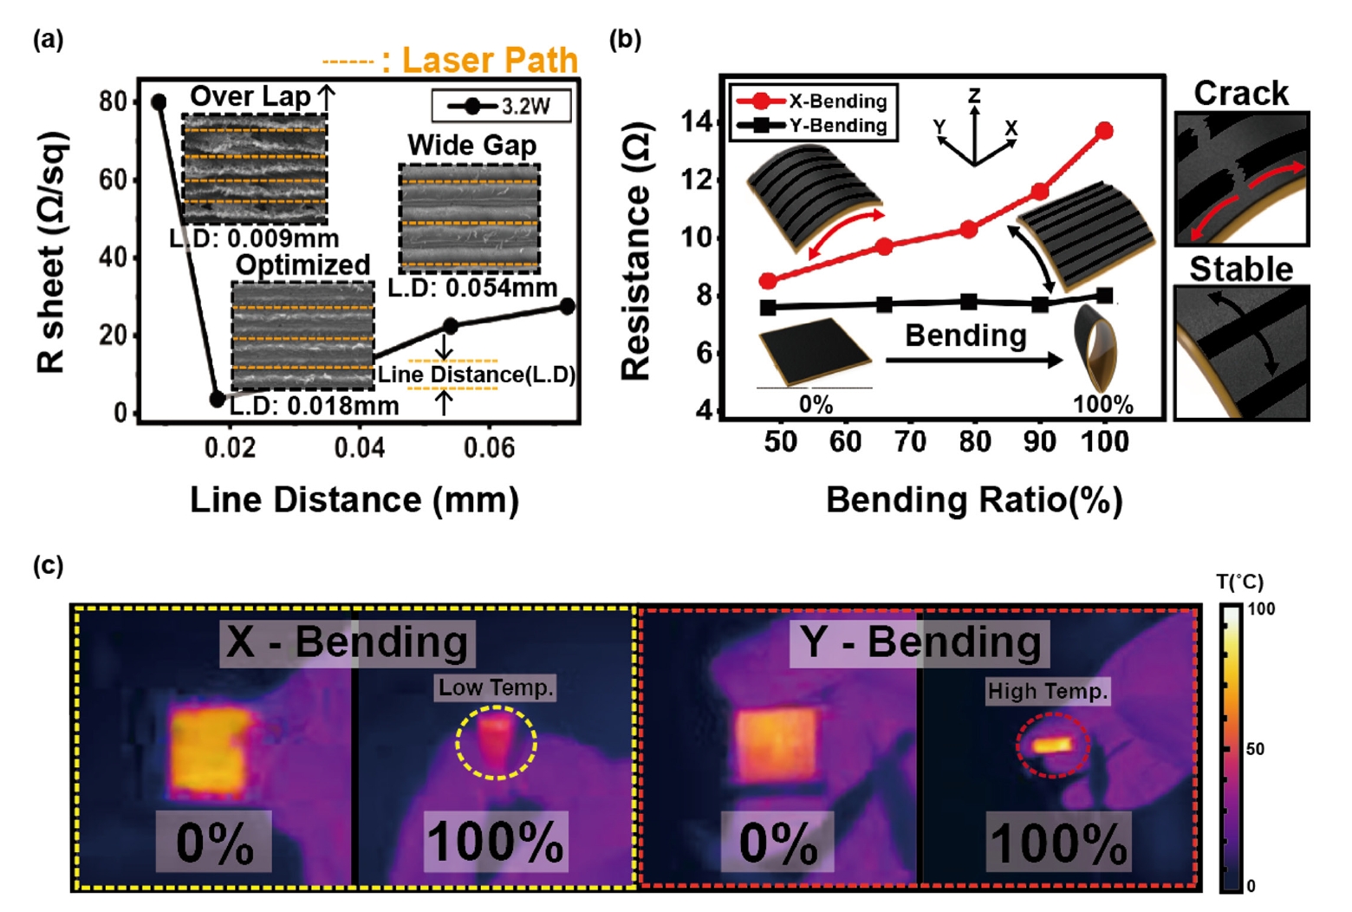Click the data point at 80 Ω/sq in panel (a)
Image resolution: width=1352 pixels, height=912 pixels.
click(159, 102)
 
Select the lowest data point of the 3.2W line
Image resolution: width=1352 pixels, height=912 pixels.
click(218, 399)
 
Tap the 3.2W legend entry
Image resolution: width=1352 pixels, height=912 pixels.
click(501, 107)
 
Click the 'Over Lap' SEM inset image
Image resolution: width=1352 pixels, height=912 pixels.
click(254, 168)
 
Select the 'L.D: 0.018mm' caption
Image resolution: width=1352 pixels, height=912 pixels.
click(314, 406)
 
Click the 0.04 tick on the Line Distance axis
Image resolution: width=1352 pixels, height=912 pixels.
click(360, 447)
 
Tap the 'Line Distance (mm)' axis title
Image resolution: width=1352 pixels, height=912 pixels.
click(354, 500)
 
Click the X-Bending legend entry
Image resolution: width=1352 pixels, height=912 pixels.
click(813, 101)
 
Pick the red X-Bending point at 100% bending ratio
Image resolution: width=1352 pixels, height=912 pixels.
click(1104, 131)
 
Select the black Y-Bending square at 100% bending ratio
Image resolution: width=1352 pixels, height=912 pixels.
click(1104, 296)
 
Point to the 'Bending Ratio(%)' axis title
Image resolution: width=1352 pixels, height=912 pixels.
click(973, 500)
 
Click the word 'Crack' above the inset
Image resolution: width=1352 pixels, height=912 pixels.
click(1240, 94)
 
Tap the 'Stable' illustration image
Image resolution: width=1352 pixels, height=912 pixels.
click(1240, 352)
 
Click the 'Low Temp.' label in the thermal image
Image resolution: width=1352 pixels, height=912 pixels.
click(495, 687)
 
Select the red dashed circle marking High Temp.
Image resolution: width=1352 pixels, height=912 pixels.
click(1052, 745)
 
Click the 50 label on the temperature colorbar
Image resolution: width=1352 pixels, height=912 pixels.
click(1255, 749)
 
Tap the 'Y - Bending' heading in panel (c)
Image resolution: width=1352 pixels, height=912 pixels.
click(920, 642)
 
